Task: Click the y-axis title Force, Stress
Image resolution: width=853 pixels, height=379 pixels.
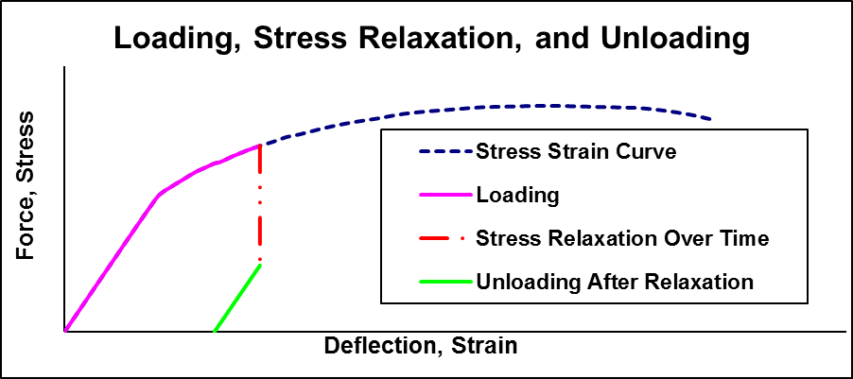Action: [26, 186]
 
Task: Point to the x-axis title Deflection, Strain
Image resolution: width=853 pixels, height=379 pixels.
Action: [421, 345]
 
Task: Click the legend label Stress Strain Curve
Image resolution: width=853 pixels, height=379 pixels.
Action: [576, 152]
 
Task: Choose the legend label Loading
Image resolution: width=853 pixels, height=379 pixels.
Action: [518, 196]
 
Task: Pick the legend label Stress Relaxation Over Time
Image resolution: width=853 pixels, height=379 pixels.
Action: [622, 238]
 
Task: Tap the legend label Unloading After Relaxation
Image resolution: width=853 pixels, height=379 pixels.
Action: [615, 282]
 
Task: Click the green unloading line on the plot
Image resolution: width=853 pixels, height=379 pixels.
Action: [237, 298]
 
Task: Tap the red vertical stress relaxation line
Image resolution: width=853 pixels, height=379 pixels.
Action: [259, 203]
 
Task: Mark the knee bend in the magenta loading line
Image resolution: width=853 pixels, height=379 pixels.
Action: [159, 194]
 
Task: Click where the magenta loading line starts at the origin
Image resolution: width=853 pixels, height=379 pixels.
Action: [65, 331]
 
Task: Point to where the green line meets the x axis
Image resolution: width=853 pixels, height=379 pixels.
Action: [216, 331]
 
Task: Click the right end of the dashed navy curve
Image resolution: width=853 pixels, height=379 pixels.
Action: [710, 119]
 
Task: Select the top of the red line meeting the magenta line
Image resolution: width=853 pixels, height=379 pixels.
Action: [259, 146]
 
